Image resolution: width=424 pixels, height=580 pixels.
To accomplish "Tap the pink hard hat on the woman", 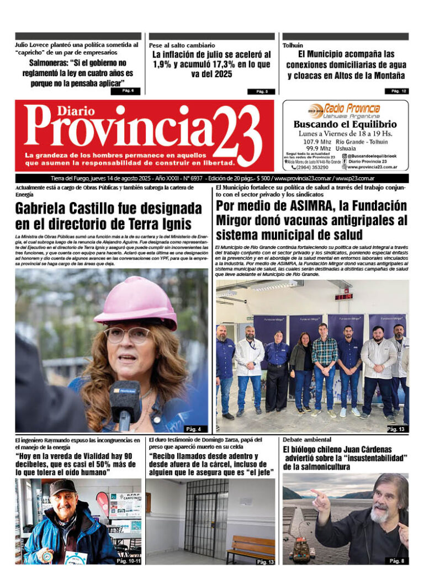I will (135, 302).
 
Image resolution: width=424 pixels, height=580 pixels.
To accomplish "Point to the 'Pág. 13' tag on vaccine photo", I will (396, 428).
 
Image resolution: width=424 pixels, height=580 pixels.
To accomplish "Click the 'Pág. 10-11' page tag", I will (128, 561).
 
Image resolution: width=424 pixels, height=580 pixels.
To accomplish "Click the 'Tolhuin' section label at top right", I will (293, 45).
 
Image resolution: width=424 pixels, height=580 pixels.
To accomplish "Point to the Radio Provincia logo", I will (344, 110).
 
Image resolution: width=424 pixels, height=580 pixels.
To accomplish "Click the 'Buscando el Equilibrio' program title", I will (344, 125).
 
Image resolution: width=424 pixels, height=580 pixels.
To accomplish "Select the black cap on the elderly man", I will (62, 486).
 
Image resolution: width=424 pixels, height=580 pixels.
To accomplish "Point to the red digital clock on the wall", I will (343, 296).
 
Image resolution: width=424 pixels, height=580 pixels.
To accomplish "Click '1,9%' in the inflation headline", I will (162, 64).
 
